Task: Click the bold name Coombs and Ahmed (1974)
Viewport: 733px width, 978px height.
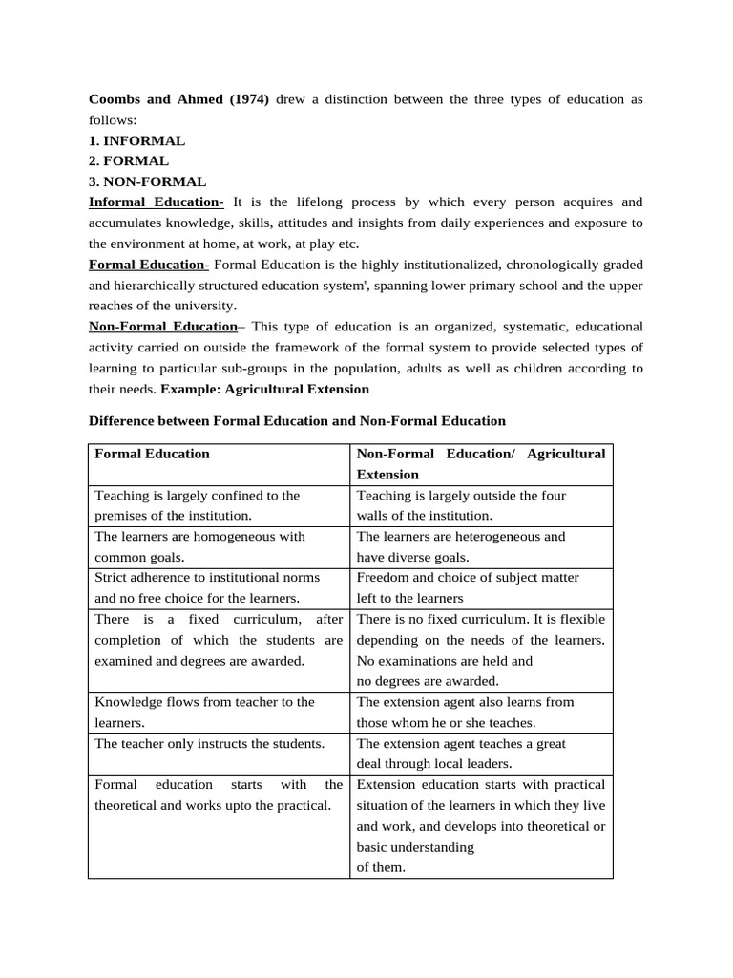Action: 178,99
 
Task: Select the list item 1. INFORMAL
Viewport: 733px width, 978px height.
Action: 136,140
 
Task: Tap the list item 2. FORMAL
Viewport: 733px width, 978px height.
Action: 128,160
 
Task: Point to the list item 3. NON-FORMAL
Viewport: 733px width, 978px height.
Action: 147,181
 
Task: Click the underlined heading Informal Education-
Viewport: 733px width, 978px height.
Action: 156,202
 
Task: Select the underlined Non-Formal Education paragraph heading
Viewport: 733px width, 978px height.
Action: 162,327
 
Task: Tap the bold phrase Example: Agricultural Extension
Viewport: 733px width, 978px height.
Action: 264,389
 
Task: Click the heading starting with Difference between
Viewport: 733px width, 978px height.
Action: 297,420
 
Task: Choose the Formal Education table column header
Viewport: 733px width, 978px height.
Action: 152,454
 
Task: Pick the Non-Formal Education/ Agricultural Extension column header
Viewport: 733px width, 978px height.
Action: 480,463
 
